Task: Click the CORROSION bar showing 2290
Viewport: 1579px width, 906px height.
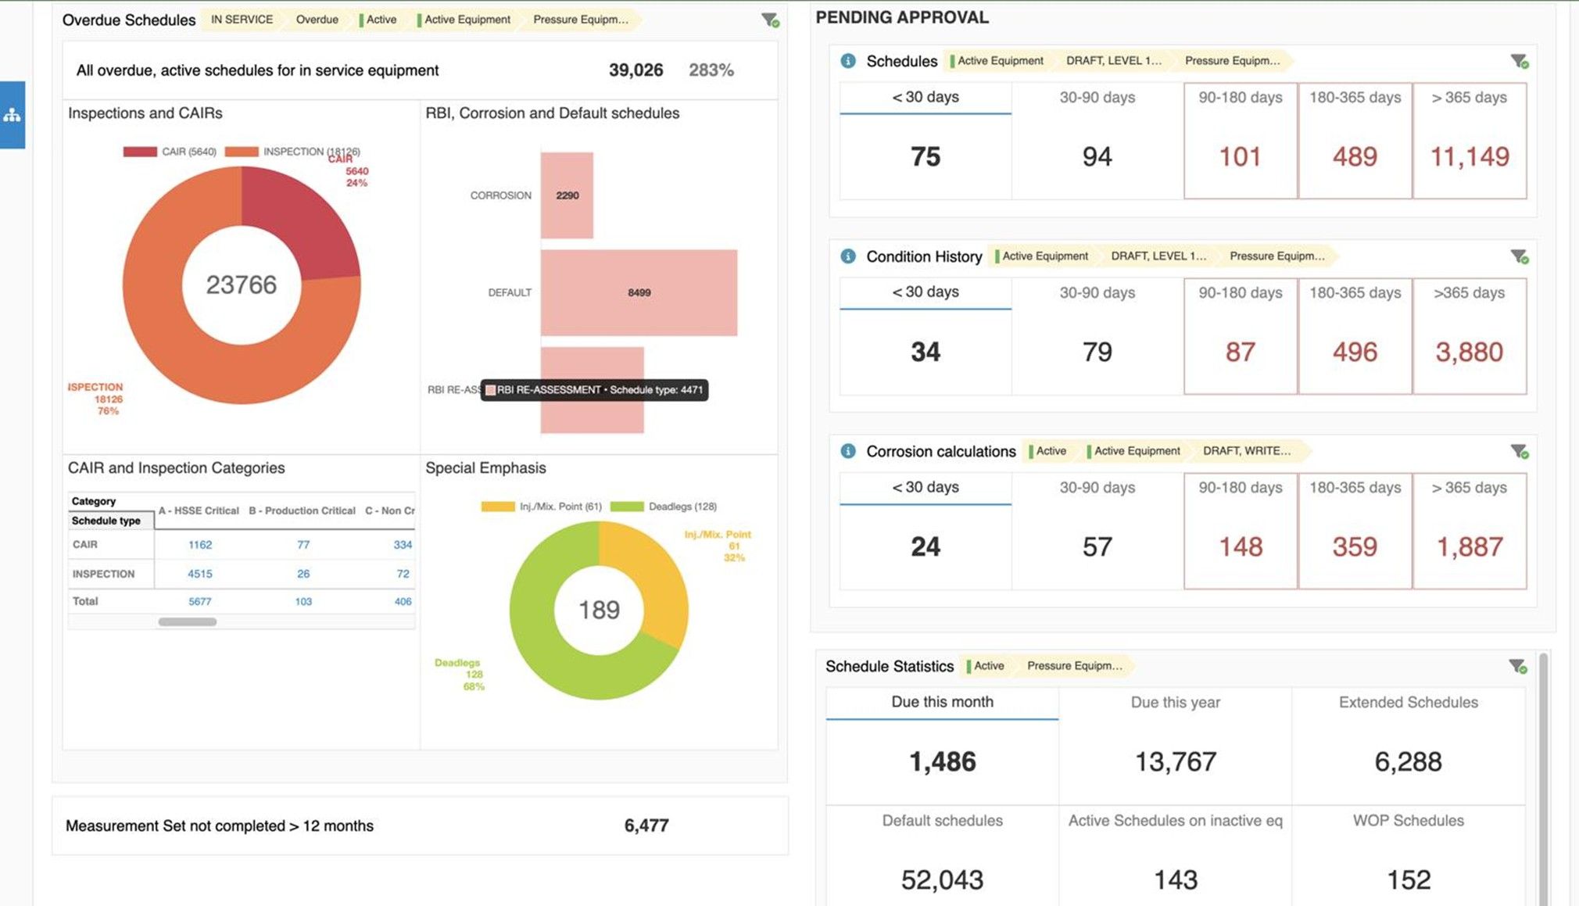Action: point(567,195)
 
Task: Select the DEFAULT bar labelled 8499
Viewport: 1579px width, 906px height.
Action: point(639,292)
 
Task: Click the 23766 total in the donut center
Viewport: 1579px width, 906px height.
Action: point(242,285)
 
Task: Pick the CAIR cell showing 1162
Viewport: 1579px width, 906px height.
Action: point(200,545)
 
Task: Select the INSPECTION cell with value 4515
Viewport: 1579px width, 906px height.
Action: point(200,574)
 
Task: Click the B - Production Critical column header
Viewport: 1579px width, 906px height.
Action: point(302,510)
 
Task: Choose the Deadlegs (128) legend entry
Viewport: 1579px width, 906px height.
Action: point(664,507)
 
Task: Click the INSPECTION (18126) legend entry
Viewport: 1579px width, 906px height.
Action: point(292,152)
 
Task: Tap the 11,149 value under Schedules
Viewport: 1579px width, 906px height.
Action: point(1470,156)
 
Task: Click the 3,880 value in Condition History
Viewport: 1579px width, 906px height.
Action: point(1470,352)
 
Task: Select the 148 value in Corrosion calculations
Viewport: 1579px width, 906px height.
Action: point(1241,546)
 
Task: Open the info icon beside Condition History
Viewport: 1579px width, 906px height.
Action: point(848,256)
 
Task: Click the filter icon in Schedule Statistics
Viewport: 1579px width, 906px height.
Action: point(1518,666)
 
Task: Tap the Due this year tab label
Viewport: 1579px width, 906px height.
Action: point(1175,702)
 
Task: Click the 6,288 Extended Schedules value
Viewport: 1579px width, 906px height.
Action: point(1408,761)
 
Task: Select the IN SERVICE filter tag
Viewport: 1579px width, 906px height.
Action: point(242,20)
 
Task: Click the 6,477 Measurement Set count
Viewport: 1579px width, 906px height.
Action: point(646,825)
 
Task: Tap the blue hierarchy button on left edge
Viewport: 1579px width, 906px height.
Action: point(13,115)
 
